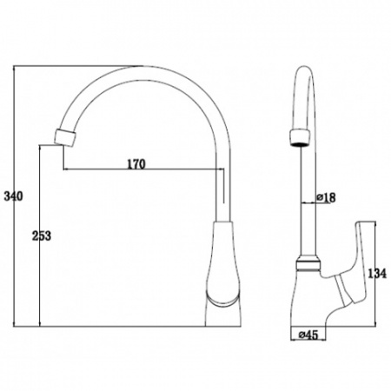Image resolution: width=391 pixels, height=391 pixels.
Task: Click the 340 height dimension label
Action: tap(13, 196)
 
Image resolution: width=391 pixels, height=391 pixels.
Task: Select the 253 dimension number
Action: tap(41, 235)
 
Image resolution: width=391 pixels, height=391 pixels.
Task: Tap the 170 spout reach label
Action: tap(136, 164)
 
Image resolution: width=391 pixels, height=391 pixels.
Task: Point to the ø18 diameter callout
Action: tap(326, 197)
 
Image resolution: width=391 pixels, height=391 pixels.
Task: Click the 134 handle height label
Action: tap(377, 273)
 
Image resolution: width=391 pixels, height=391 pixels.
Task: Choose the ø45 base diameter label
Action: tap(308, 335)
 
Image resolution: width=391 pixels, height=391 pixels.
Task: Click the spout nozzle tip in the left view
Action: tap(65, 138)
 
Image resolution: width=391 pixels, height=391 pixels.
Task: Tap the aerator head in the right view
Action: tap(300, 137)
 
